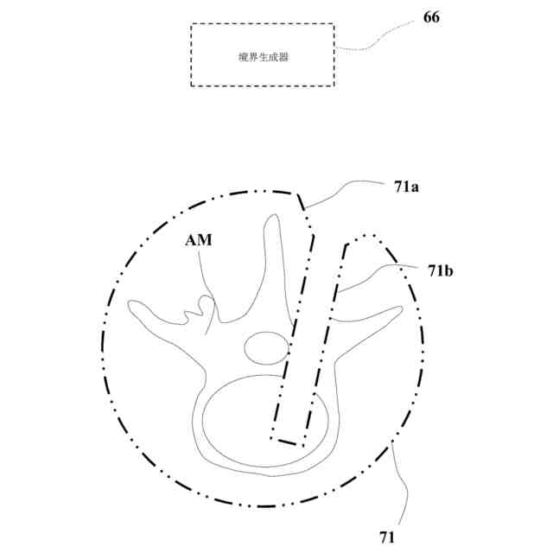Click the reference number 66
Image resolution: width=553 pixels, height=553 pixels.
point(431,16)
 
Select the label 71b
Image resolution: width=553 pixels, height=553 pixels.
point(441,270)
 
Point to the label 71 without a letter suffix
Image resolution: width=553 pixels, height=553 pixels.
point(386,537)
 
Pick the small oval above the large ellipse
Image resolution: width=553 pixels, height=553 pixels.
point(265,349)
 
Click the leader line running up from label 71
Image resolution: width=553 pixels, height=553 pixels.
point(399,484)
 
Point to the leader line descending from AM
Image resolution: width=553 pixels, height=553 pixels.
point(206,285)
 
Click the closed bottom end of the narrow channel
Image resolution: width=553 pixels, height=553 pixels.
point(289,441)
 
